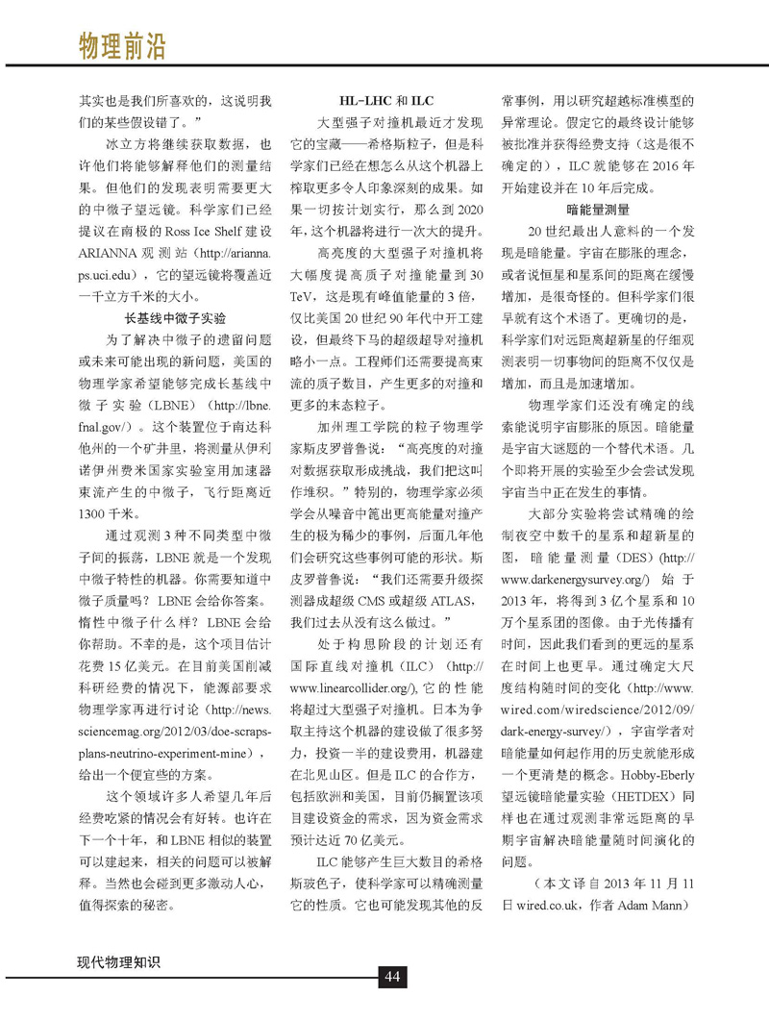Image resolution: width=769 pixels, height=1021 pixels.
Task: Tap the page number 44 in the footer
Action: point(391,977)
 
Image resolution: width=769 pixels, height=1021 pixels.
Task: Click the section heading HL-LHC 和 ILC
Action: point(387,100)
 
